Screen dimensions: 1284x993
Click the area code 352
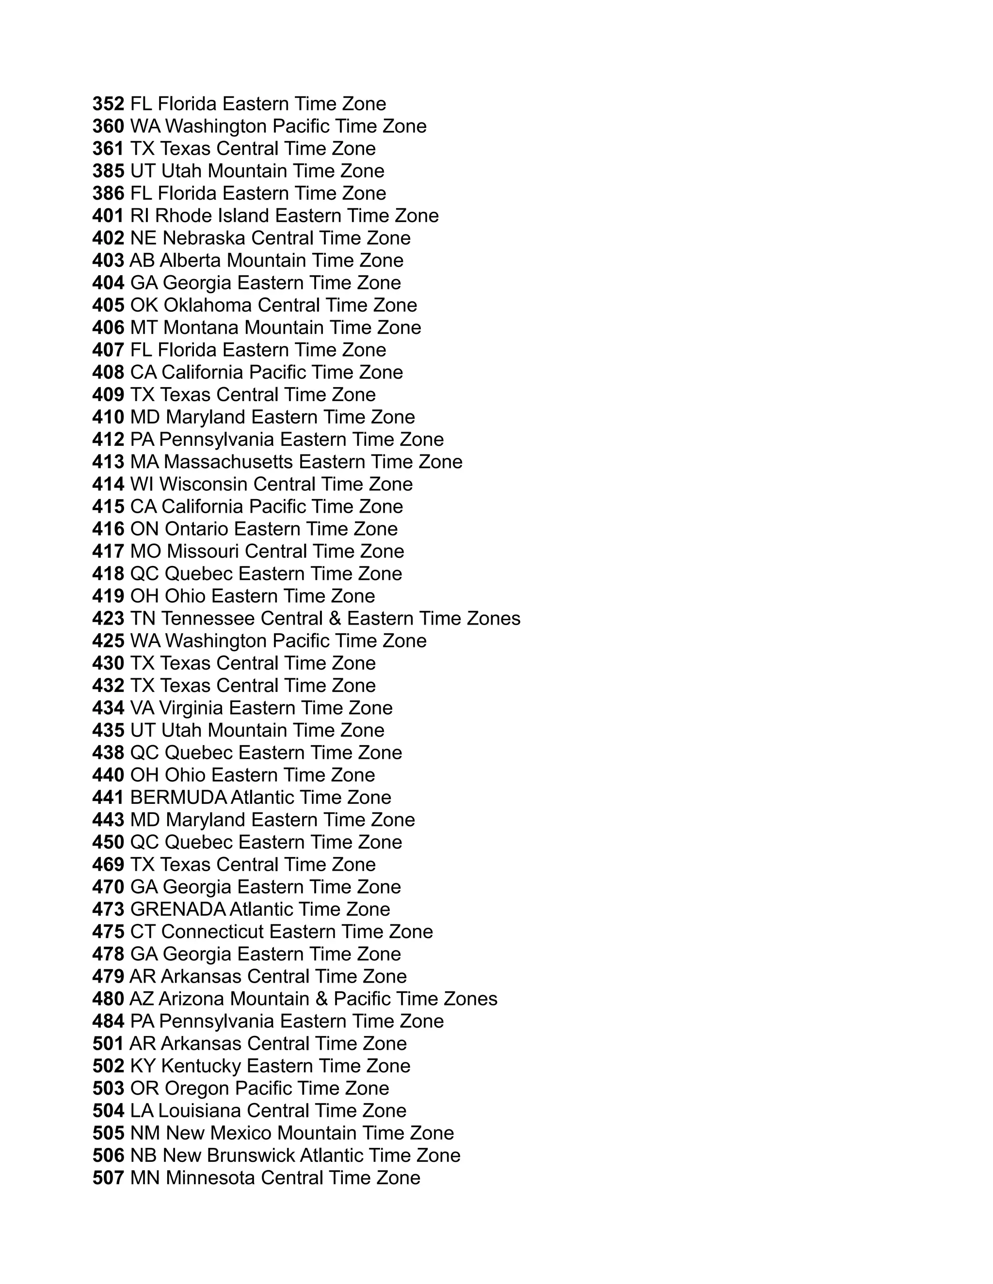[x=108, y=104]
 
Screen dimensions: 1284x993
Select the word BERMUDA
[x=178, y=798]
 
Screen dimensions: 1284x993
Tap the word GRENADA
[x=177, y=909]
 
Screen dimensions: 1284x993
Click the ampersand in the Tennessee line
[x=335, y=618]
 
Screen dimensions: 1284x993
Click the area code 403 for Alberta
[x=108, y=261]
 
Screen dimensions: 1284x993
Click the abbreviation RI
[x=140, y=216]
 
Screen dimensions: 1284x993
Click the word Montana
[x=201, y=328]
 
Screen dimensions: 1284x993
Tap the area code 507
[x=108, y=1178]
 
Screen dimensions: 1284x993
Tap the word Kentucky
[x=201, y=1066]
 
